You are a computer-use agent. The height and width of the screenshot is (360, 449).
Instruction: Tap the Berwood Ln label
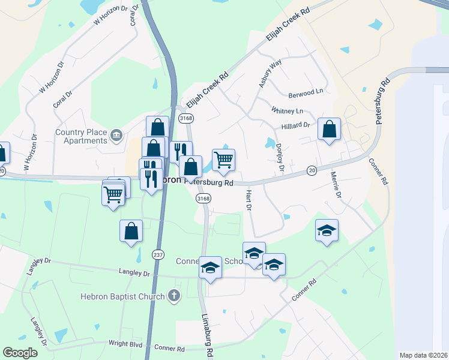click(306, 93)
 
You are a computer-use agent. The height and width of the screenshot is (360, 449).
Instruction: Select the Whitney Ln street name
click(287, 111)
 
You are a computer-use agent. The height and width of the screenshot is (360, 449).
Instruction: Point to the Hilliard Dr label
click(295, 126)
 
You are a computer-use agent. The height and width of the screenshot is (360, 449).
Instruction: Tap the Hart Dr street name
click(248, 200)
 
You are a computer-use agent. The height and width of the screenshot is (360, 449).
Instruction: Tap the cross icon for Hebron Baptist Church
click(174, 295)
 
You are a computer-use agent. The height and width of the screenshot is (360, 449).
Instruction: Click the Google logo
click(20, 353)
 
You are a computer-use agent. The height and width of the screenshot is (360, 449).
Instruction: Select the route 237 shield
click(158, 254)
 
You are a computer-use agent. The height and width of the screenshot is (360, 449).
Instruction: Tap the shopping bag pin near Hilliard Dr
click(329, 130)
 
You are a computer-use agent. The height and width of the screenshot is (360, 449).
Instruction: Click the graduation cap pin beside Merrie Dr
click(327, 231)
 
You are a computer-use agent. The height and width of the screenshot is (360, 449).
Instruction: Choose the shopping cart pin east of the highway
click(223, 160)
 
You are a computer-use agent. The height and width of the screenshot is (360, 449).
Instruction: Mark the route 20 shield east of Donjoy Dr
click(312, 170)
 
